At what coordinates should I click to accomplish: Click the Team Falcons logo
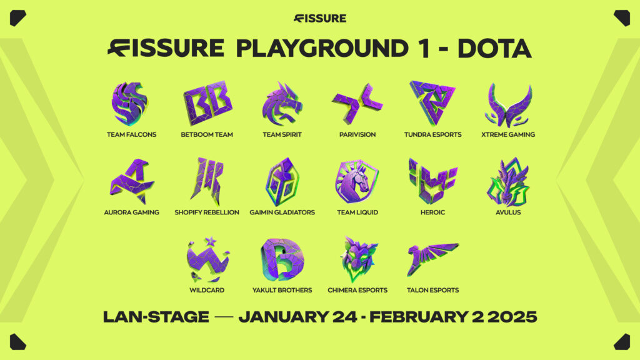click(x=129, y=103)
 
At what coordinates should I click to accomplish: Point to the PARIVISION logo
click(x=357, y=102)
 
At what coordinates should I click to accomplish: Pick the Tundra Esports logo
click(x=432, y=103)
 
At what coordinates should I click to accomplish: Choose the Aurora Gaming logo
click(x=132, y=182)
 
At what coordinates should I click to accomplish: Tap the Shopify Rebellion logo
click(x=207, y=181)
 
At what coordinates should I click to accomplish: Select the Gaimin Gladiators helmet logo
click(x=282, y=181)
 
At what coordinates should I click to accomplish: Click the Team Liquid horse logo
click(x=357, y=182)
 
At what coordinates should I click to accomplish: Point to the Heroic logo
click(x=432, y=181)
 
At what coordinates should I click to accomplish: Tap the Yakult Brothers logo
click(x=282, y=259)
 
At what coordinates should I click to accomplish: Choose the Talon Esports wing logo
click(x=432, y=257)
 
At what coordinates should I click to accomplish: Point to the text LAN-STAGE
click(x=156, y=317)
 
